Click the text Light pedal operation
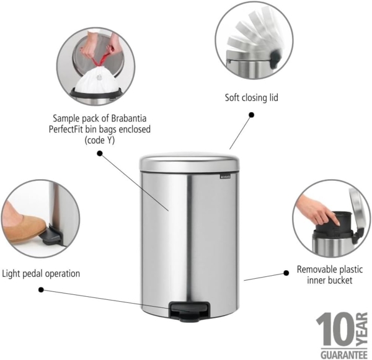tap(41, 273)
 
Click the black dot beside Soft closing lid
tap(251, 115)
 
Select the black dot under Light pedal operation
tap(41, 289)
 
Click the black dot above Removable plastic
tap(286, 271)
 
